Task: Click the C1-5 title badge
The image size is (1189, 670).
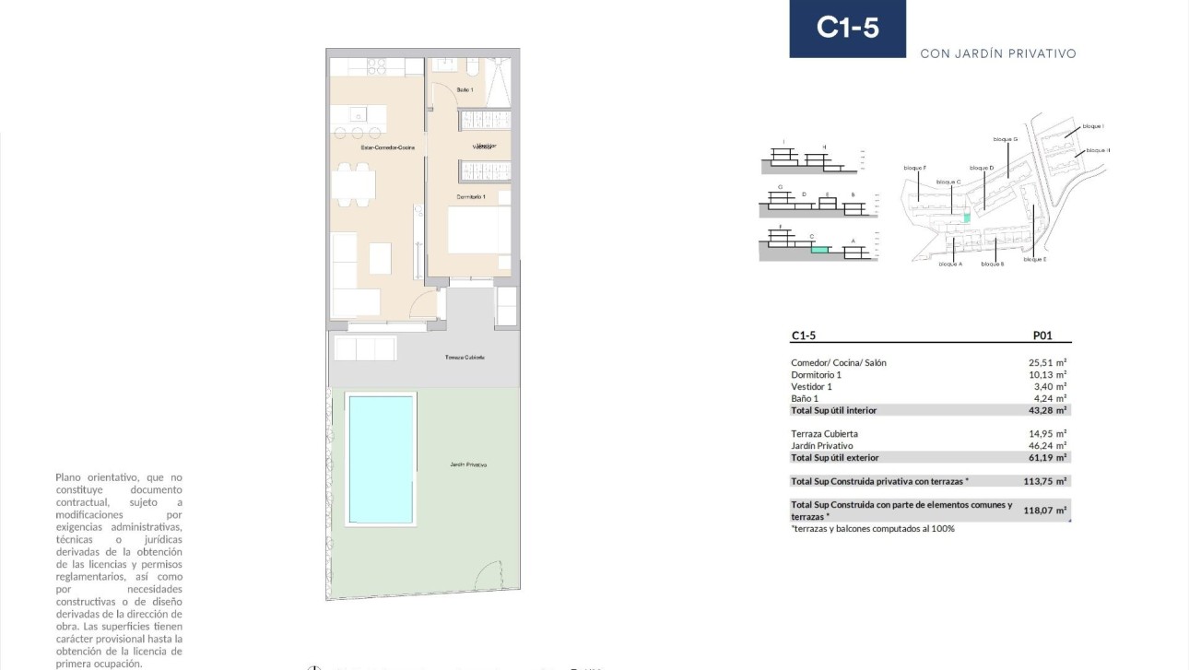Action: (847, 29)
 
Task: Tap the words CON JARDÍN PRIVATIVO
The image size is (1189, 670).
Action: (998, 53)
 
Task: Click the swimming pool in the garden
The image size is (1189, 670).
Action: (381, 458)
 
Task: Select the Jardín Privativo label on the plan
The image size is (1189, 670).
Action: (468, 464)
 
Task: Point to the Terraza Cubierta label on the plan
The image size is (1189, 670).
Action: (465, 357)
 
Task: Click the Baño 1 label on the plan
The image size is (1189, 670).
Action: (465, 89)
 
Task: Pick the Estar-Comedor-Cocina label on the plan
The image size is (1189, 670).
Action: (387, 147)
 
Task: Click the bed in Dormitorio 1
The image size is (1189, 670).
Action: (478, 229)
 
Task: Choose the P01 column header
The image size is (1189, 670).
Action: (1042, 336)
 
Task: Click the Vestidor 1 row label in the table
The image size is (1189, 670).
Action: (811, 387)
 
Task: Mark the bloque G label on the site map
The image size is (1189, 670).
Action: (1005, 139)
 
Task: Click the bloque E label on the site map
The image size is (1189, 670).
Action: (1033, 260)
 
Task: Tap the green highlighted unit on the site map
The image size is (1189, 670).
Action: (967, 218)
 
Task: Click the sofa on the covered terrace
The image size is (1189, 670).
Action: (365, 348)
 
